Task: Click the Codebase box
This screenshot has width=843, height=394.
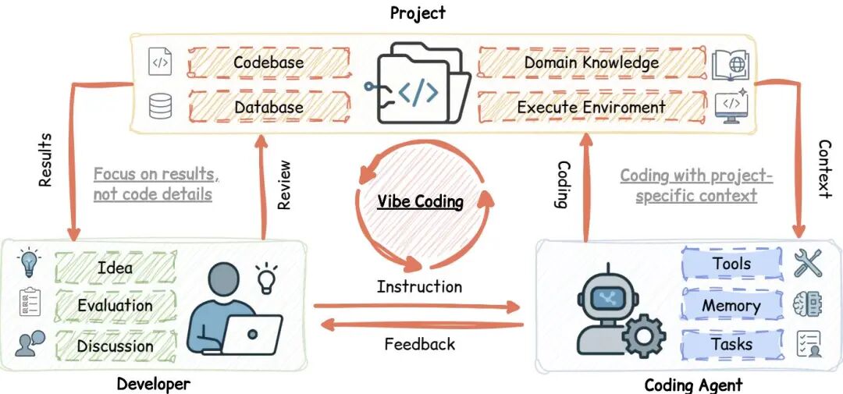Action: [269, 62]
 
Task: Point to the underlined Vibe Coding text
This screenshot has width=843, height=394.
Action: [421, 201]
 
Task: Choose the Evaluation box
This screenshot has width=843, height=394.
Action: [115, 306]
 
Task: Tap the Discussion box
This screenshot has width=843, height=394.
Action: [115, 345]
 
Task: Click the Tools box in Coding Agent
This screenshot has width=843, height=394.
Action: [731, 264]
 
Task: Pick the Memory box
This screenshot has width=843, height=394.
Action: [731, 305]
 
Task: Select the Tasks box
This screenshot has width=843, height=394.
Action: [731, 344]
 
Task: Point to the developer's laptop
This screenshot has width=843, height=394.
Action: [251, 334]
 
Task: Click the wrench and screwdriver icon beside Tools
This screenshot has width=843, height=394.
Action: [809, 264]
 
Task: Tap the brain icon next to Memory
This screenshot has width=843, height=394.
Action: [809, 304]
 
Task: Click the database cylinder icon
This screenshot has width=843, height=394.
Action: [161, 106]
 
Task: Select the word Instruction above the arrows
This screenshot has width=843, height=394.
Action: [419, 286]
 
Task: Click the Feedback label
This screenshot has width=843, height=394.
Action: [419, 343]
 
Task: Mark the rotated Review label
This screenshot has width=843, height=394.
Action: [284, 185]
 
